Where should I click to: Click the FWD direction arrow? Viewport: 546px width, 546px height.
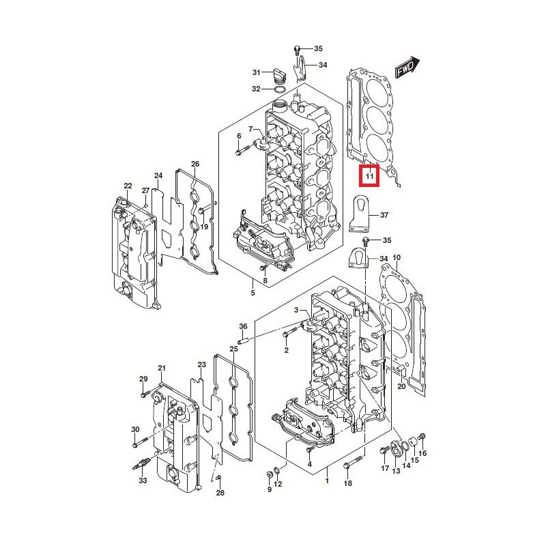click(407, 68)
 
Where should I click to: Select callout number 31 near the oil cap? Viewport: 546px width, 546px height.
click(257, 72)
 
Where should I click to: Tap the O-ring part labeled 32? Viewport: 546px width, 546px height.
click(279, 89)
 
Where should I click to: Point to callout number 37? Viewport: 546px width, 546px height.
click(384, 215)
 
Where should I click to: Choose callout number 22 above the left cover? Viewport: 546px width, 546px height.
click(128, 186)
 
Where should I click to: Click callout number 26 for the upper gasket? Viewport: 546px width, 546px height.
click(195, 164)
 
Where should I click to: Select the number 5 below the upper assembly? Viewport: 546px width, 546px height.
click(252, 293)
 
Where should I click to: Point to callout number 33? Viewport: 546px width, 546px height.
click(142, 480)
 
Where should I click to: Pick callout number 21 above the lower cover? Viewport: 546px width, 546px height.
click(162, 369)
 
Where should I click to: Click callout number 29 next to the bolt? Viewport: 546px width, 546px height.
click(143, 379)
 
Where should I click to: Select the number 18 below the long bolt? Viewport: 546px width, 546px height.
click(347, 483)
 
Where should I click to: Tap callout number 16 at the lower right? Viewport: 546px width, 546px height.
click(422, 453)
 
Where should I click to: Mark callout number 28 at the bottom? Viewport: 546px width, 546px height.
click(220, 493)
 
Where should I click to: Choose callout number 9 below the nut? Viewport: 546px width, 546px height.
click(269, 489)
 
